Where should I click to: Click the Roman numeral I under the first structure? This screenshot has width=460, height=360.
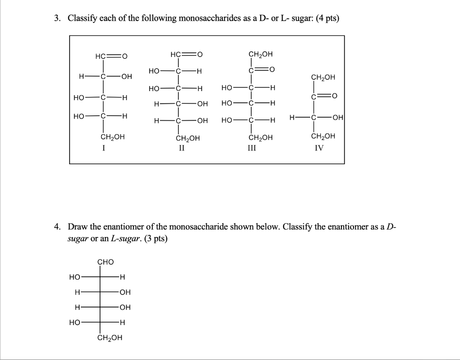click(104, 147)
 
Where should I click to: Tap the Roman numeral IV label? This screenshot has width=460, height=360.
click(318, 147)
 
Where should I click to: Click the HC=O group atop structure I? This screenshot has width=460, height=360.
click(111, 56)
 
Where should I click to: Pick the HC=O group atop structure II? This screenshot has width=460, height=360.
click(186, 55)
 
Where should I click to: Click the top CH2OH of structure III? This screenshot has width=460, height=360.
click(260, 55)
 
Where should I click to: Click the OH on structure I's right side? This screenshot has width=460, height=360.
click(126, 76)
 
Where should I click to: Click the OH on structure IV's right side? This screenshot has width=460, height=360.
click(338, 118)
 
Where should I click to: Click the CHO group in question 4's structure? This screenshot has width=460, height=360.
click(106, 262)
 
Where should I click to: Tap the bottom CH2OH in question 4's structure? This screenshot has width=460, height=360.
click(109, 338)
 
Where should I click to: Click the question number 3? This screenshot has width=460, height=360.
click(57, 18)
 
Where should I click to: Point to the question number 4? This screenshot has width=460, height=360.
click(57, 227)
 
